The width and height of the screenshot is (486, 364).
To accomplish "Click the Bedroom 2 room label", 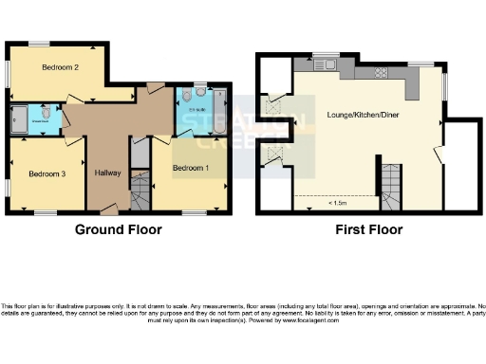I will pyautogui.click(x=60, y=67).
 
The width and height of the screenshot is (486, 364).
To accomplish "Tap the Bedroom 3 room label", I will pyautogui.click(x=46, y=173).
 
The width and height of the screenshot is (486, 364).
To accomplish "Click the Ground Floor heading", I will pyautogui.click(x=118, y=229).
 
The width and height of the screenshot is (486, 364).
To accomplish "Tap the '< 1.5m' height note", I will pyautogui.click(x=336, y=202).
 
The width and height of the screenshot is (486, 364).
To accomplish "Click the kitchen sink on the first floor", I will pyautogui.click(x=322, y=65).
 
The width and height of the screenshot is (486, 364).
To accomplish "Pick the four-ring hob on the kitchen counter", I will pyautogui.click(x=380, y=72).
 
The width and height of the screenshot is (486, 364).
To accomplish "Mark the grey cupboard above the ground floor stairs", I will pyautogui.click(x=140, y=152).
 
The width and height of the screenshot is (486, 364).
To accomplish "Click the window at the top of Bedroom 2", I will pyautogui.click(x=40, y=44).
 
